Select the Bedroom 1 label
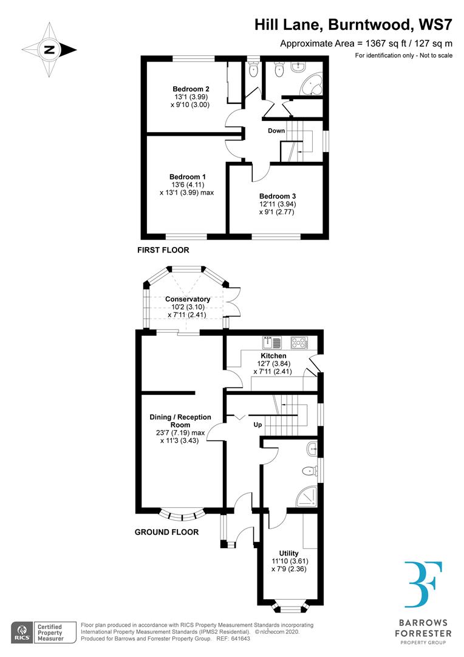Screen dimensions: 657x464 [187, 176]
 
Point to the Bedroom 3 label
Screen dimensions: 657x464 [278, 196]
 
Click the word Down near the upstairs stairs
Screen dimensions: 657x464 [276, 131]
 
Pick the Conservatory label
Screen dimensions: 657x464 [188, 299]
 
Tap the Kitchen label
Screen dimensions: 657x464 [273, 356]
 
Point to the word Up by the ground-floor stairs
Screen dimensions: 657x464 [258, 424]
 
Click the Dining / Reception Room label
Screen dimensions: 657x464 [180, 421]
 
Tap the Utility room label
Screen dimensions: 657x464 [290, 553]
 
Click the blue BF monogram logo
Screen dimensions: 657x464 [423, 585]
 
